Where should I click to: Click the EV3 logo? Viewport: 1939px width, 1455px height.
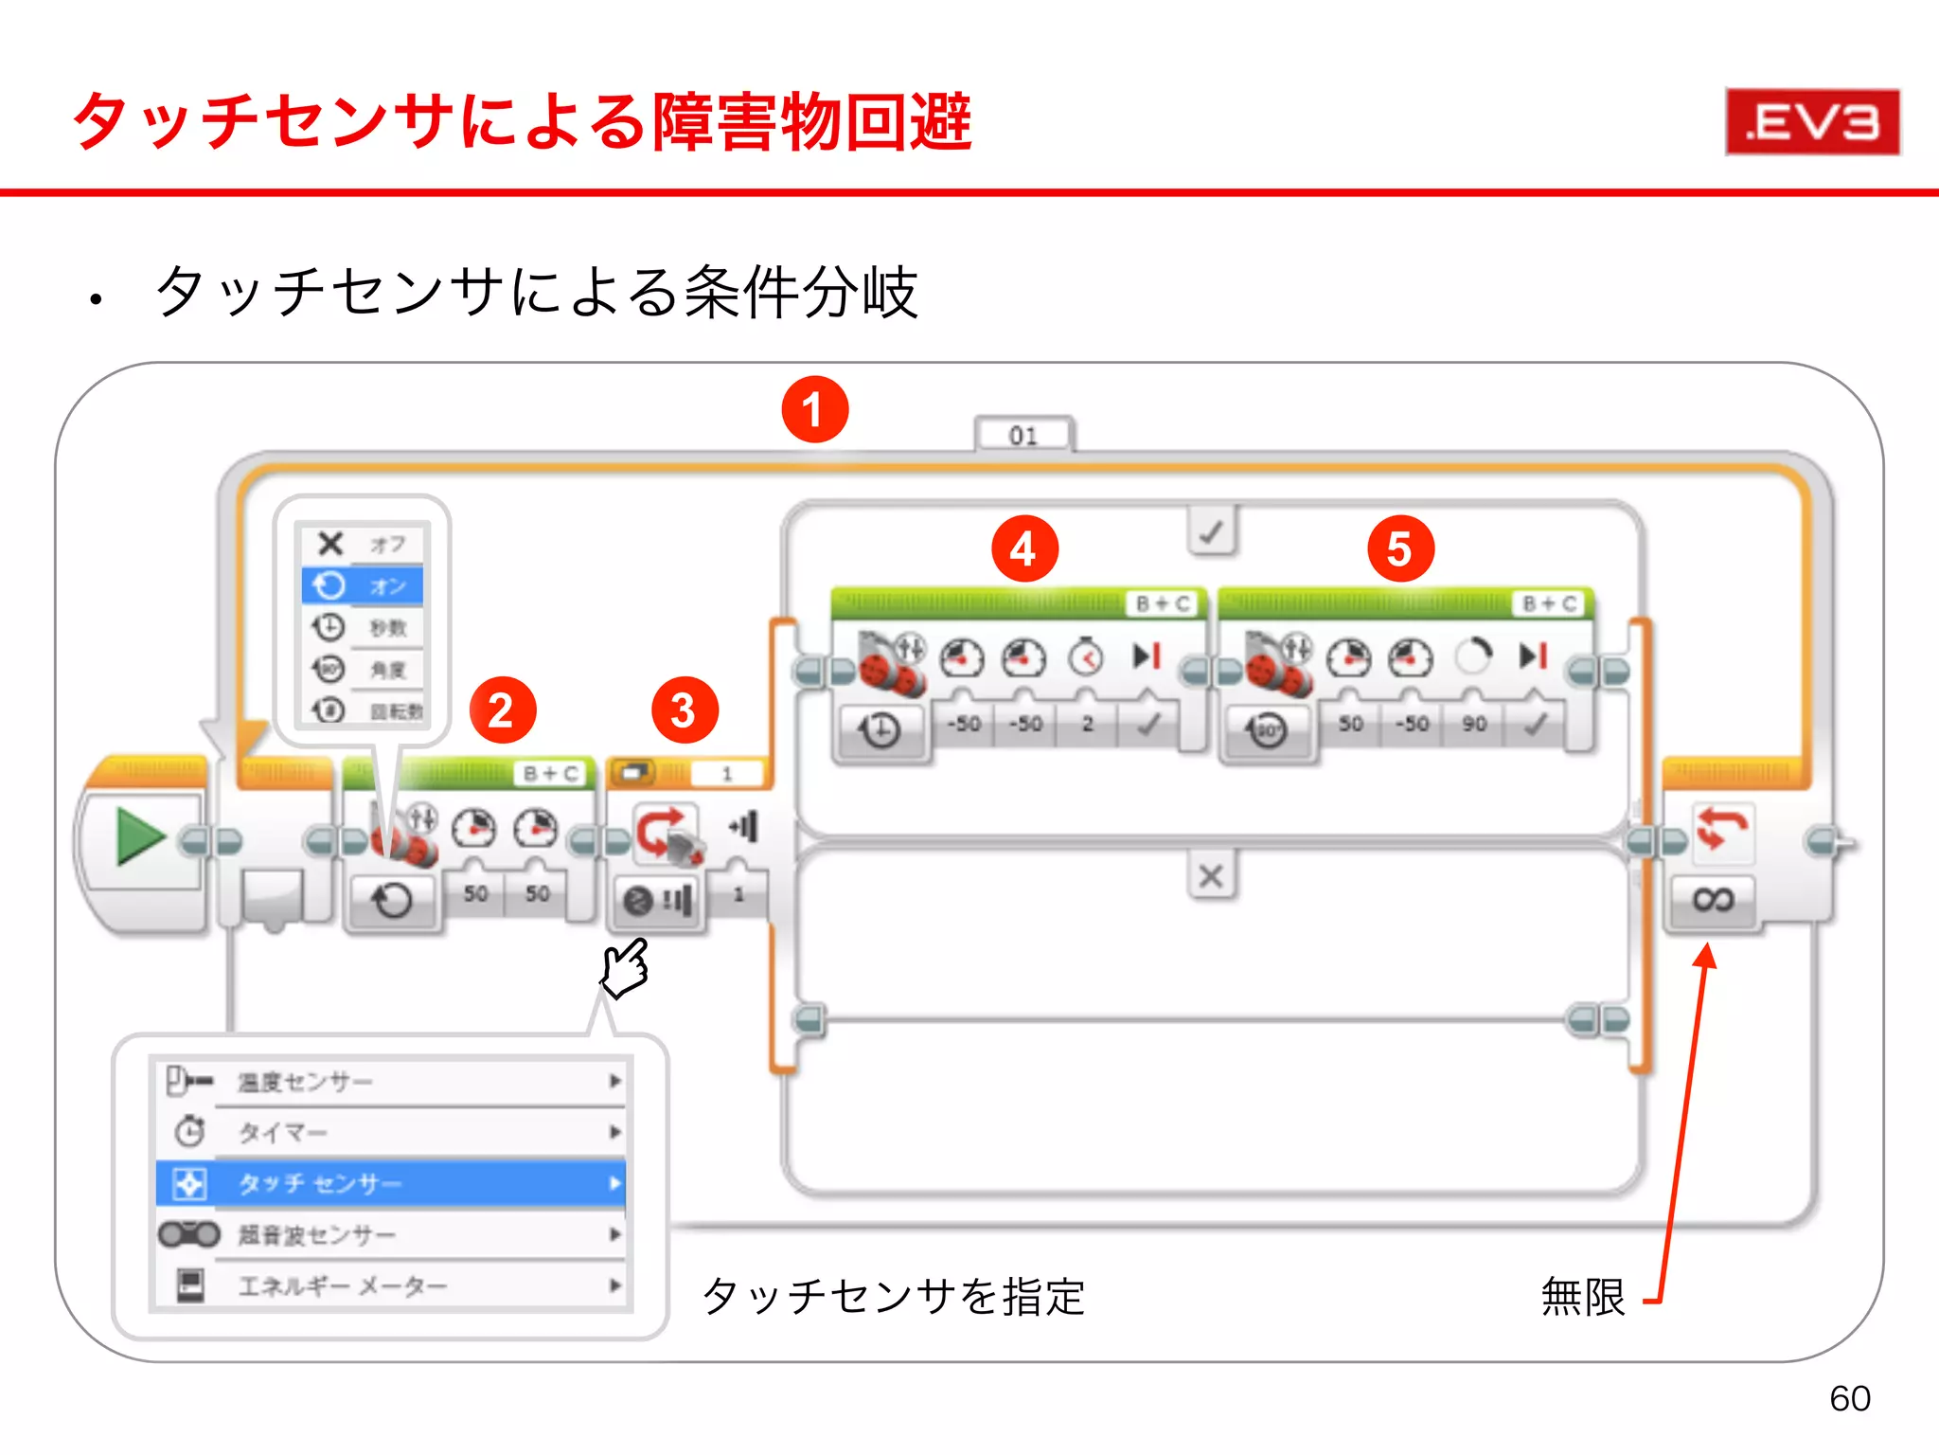(1812, 121)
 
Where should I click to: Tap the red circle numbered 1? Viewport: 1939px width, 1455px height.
(814, 409)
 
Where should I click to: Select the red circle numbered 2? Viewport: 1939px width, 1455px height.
(502, 710)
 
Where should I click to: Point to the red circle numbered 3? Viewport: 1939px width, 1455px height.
(685, 710)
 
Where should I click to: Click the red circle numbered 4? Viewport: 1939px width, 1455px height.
(1024, 548)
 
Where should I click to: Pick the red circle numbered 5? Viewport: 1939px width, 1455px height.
(1400, 548)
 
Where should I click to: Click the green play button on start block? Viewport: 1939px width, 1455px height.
(140, 836)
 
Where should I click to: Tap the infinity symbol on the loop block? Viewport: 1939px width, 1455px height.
(1713, 898)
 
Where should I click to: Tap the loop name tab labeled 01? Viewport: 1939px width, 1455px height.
(1023, 435)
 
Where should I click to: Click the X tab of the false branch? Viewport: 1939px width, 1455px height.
(1211, 876)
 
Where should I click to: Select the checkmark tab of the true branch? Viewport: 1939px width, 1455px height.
(1211, 531)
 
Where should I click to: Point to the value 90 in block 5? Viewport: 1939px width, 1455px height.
(1473, 724)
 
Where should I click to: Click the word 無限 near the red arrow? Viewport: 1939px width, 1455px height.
(1582, 1296)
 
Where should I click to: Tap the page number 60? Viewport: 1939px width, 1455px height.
(1849, 1398)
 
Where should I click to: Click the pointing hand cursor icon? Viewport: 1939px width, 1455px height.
(625, 968)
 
